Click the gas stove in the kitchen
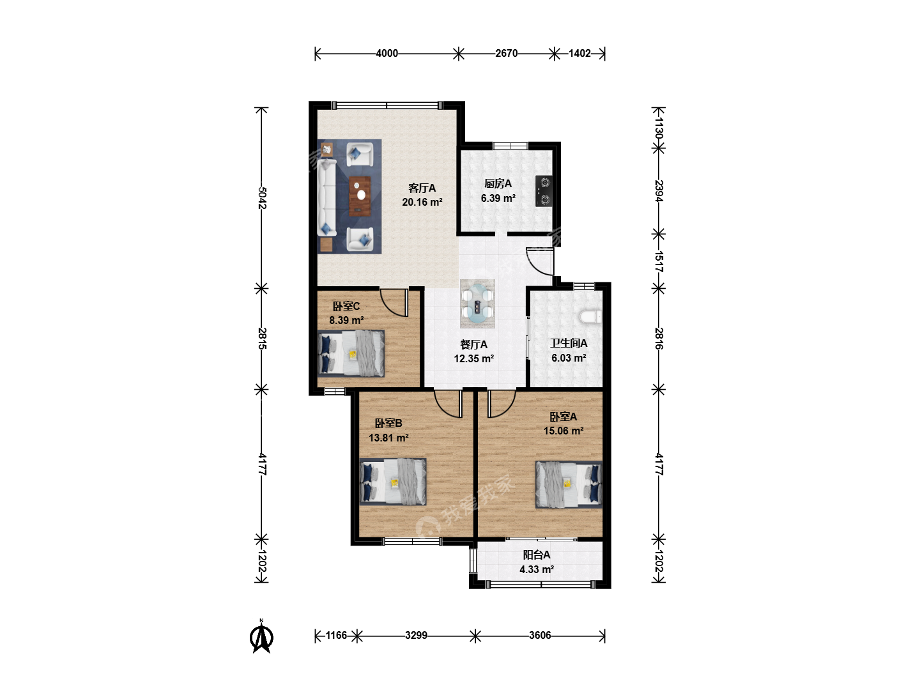(x=544, y=191)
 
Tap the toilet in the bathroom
(x=590, y=317)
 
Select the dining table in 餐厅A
(x=477, y=303)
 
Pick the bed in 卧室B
(x=393, y=481)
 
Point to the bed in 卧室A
(x=569, y=484)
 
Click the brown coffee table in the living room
(x=360, y=196)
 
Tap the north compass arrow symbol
(x=261, y=637)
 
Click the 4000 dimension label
(x=387, y=54)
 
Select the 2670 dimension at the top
(x=506, y=54)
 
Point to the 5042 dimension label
(x=262, y=197)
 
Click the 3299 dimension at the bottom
(x=416, y=636)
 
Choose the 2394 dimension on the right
(x=659, y=191)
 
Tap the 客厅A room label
(x=422, y=188)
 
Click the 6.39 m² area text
(x=498, y=198)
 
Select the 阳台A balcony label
(x=537, y=555)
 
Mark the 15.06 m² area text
(x=563, y=431)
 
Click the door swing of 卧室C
(x=394, y=302)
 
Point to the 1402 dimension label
(x=579, y=54)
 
